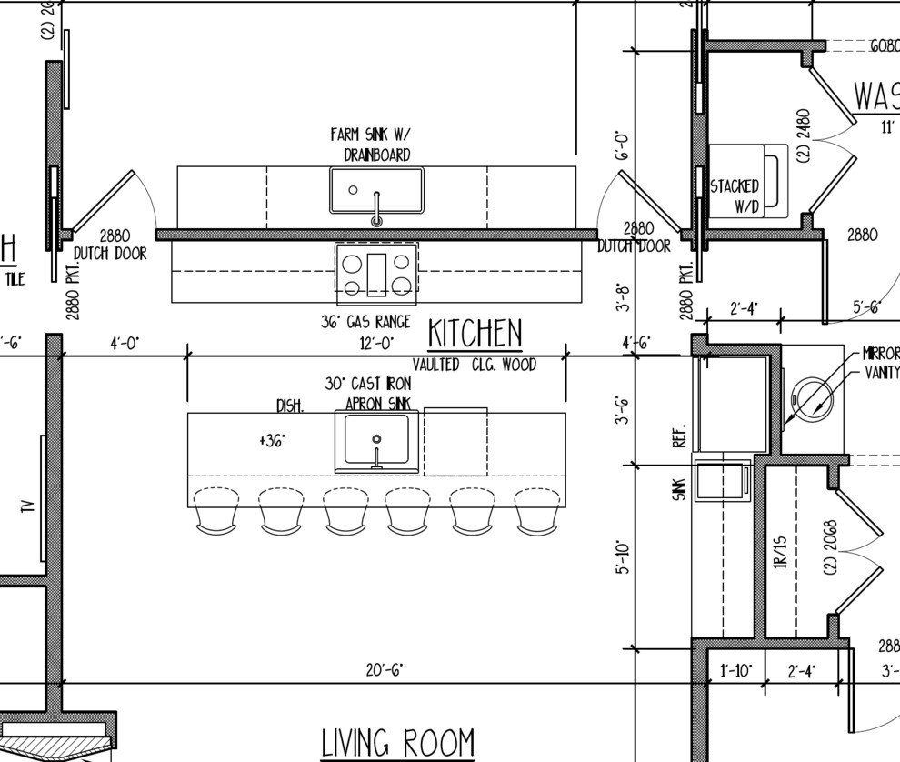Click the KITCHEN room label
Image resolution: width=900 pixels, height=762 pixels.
tap(475, 334)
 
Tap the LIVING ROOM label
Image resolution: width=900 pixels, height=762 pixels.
tap(397, 743)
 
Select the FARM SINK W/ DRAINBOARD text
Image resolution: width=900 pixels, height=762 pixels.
tap(370, 145)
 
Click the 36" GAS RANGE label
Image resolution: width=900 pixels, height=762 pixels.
tap(365, 322)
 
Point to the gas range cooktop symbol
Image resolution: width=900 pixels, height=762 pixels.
tap(376, 274)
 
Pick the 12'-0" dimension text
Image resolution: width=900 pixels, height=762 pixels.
tap(376, 343)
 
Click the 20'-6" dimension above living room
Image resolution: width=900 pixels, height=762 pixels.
tap(385, 670)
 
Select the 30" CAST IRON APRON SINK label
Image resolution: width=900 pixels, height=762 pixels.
tap(368, 394)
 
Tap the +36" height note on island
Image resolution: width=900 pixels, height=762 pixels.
tap(272, 440)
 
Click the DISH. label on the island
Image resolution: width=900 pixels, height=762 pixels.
tap(290, 406)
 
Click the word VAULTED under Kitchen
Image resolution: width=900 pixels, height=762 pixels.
tap(435, 365)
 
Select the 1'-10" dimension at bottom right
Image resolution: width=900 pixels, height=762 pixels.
tap(735, 671)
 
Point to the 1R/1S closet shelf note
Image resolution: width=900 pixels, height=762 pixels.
tap(780, 552)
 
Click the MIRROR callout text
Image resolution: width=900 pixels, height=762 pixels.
tap(881, 353)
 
